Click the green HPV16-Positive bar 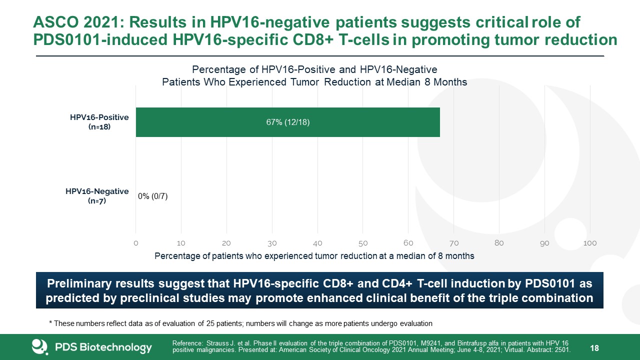point(287,122)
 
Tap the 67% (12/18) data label point(288,122)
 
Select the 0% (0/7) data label point(153,196)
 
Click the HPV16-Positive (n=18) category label point(99,122)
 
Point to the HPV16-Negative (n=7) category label point(97,196)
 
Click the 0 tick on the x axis point(136,243)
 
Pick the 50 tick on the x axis point(363,243)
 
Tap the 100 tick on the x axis point(590,243)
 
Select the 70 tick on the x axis point(453,243)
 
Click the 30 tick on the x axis point(272,243)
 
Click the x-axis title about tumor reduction point(314,256)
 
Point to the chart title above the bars point(314,75)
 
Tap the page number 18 point(594,348)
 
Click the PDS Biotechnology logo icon point(39,347)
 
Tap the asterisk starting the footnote point(50,323)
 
